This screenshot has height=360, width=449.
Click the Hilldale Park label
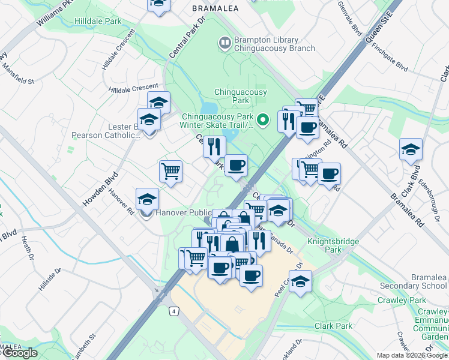(98, 21)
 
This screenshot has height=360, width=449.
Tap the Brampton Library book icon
(224, 42)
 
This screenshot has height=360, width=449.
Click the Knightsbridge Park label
(333, 245)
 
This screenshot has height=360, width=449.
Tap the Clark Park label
(334, 326)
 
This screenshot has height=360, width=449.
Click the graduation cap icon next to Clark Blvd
(411, 149)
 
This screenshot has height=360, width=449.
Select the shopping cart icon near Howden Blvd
(170, 171)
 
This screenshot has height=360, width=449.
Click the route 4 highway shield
(173, 311)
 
